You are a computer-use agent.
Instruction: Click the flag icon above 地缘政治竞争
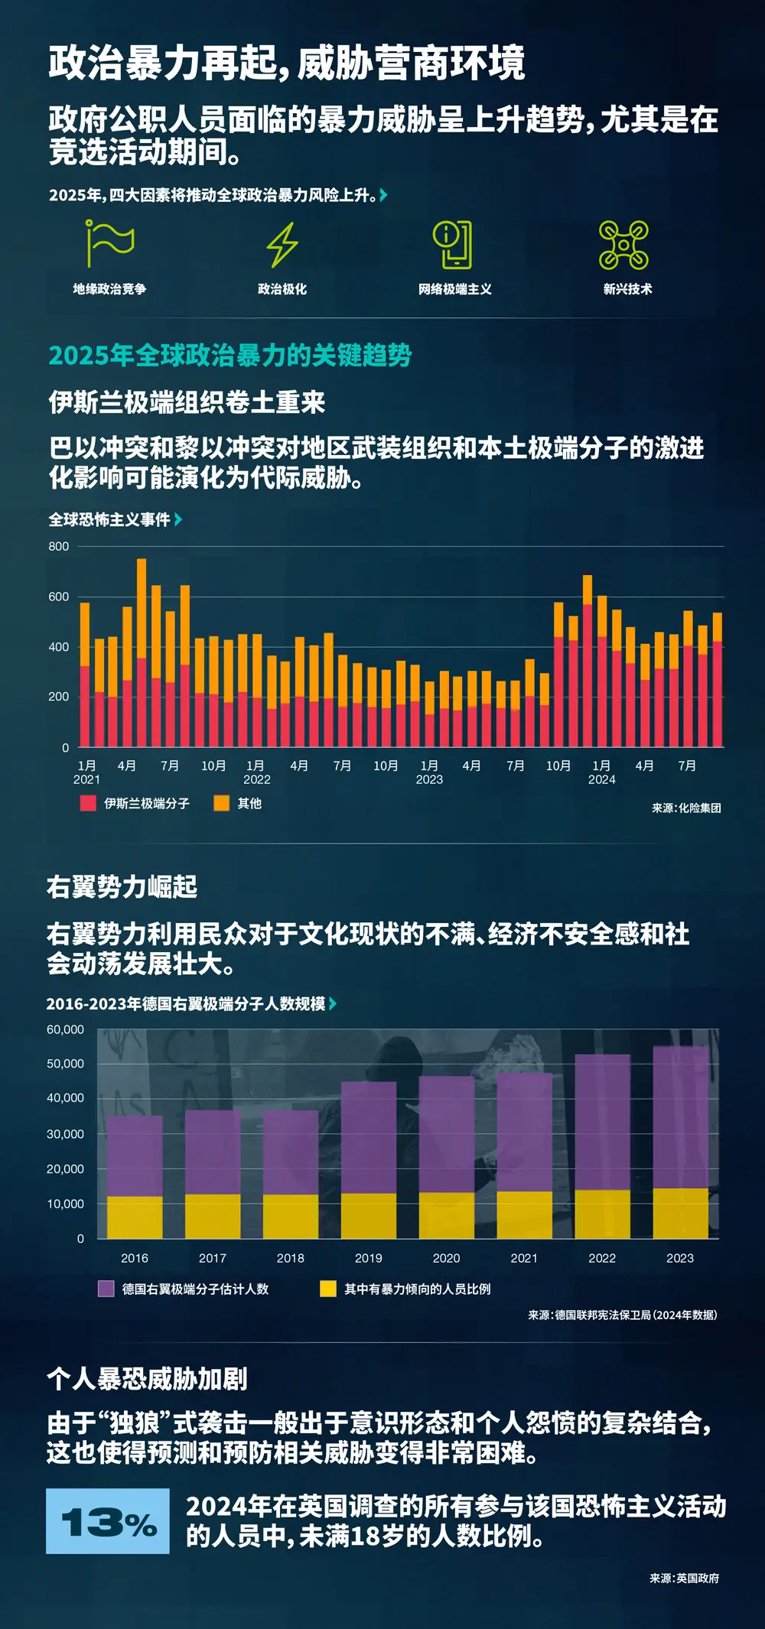tap(110, 243)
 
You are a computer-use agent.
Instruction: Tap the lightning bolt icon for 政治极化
tap(282, 245)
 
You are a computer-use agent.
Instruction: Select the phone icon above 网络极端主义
tap(453, 245)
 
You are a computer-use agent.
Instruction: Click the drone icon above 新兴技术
tap(623, 245)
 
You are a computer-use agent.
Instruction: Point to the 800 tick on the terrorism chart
tap(59, 546)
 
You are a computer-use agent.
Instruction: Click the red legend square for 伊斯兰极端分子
tap(88, 803)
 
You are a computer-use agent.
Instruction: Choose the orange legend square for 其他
tap(221, 803)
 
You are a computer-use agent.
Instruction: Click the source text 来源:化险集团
tap(686, 808)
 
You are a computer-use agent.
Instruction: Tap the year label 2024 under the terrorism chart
tap(601, 779)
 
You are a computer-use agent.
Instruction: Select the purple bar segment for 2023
tap(680, 1117)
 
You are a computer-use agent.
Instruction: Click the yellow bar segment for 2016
tap(135, 1217)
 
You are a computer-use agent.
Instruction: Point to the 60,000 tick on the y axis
tap(66, 1029)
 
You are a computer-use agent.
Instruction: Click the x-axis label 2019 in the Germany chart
tap(369, 1258)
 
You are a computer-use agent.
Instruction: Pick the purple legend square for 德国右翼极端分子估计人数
tap(106, 1289)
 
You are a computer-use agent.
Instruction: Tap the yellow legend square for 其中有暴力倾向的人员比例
tap(328, 1289)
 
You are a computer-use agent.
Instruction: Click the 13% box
tap(108, 1520)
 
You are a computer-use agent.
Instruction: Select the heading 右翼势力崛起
tap(122, 887)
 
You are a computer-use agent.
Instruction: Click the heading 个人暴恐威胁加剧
tap(147, 1379)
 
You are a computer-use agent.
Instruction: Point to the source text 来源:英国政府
tap(685, 1578)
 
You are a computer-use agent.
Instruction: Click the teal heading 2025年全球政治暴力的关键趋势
tap(230, 356)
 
